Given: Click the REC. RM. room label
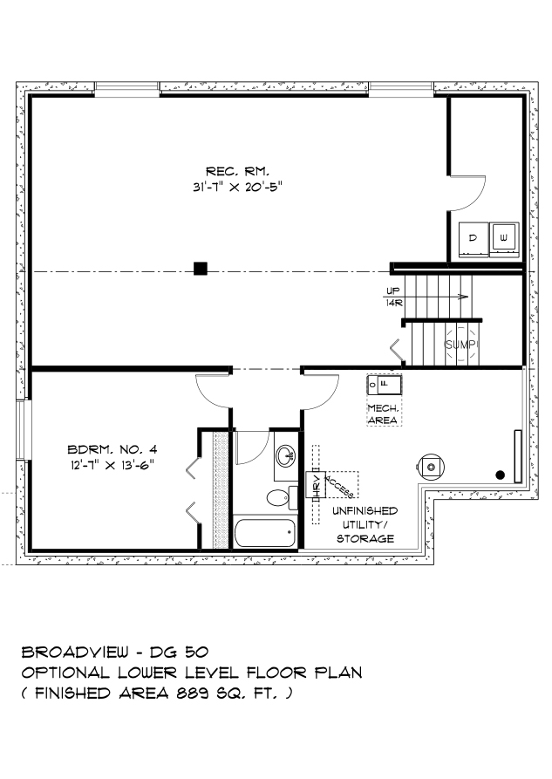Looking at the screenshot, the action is coord(238,172).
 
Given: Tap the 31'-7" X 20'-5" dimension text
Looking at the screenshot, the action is coord(238,188).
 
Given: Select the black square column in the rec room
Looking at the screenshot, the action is coord(201,269).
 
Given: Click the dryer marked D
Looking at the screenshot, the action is coord(474,240).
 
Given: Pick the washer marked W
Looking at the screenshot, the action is coord(504,240).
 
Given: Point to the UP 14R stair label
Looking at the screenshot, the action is coord(394,297).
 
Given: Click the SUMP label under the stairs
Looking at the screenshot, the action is coord(461,345).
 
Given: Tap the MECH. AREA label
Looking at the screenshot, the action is coord(383,414).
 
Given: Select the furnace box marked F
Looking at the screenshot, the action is coord(384,385).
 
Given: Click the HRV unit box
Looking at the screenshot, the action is coord(316,484).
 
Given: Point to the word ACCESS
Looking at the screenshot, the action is coord(339,486).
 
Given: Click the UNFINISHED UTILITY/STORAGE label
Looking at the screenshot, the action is coord(365,524).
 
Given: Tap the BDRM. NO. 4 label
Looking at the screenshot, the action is coord(112,449).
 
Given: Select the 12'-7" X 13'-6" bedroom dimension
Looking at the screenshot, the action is coord(112,465).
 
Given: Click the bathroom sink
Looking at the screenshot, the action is coord(285,455).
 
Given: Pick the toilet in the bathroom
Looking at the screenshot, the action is coord(282,497).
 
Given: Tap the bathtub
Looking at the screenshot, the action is coord(265,533).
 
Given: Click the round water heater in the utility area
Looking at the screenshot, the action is coord(431,467).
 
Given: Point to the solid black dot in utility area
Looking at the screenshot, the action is coord(501,475).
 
